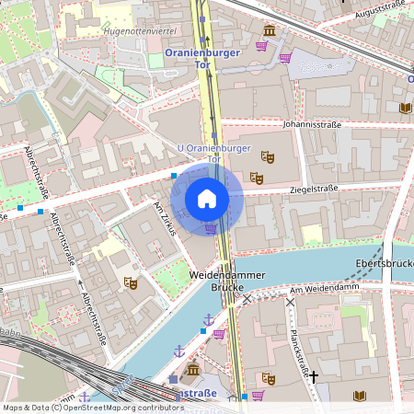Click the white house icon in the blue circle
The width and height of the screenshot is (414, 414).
[x=207, y=198]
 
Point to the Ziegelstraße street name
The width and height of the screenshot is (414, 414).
[x=314, y=189]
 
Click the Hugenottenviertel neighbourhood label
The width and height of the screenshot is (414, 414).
[x=140, y=30]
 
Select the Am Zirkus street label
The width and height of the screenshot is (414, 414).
[x=165, y=219]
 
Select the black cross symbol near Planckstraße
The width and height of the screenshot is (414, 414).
[x=314, y=376]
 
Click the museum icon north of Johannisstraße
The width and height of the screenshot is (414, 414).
[x=269, y=30]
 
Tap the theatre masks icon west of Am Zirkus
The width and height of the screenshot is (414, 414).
[x=131, y=282]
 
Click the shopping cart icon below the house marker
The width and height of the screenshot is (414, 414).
[x=211, y=228]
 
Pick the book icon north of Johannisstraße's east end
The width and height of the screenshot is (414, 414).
[x=405, y=108]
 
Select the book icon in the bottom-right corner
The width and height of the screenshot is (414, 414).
[x=360, y=396]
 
